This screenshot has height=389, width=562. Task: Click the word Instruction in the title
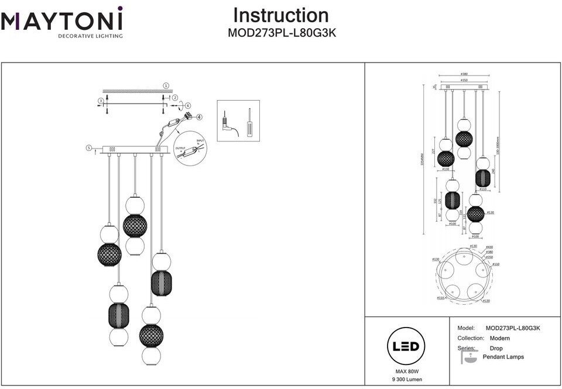point(281,16)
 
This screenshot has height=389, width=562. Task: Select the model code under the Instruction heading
point(282,34)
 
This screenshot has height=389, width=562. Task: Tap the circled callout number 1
point(166,85)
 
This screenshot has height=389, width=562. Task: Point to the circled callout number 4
point(200,117)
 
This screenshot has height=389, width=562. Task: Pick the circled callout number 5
point(89,148)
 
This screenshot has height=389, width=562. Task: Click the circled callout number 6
point(188,105)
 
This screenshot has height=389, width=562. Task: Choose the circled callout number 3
point(101,101)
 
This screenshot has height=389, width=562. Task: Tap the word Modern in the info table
point(499,338)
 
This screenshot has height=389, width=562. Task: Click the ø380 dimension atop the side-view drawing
point(464,74)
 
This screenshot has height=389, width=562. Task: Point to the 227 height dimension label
point(434,150)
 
